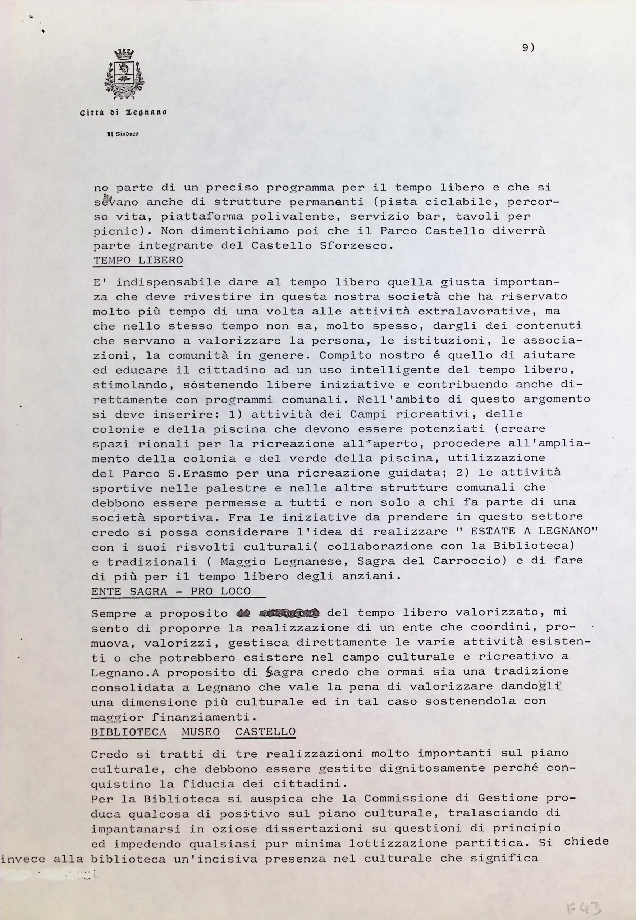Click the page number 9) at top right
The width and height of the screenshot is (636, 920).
coord(528,48)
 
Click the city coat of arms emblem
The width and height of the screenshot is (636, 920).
coord(124,74)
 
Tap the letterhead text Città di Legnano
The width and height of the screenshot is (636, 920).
coord(124,112)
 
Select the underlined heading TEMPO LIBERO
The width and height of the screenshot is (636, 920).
coord(138,261)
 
